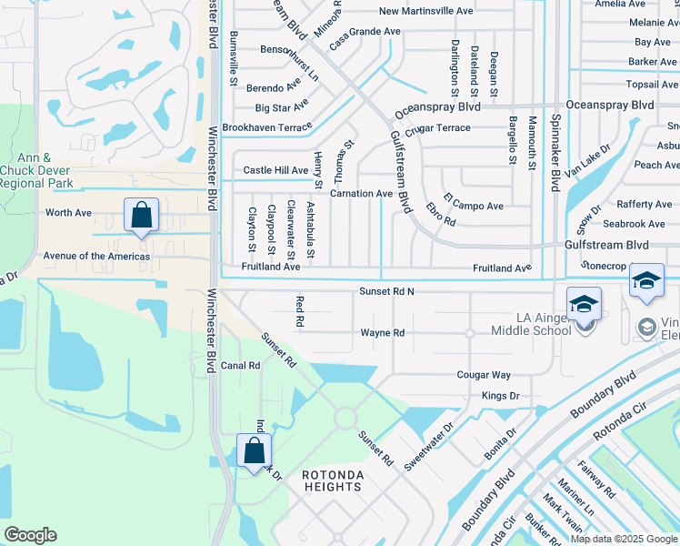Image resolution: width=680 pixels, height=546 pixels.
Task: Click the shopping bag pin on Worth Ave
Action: click(x=141, y=216)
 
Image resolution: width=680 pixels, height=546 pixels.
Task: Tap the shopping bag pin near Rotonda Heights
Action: click(x=254, y=450)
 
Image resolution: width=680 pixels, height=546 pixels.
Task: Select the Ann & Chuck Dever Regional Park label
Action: click(x=35, y=170)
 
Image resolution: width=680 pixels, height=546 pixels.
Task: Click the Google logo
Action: click(x=30, y=535)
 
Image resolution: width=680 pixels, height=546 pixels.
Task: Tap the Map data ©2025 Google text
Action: click(x=624, y=539)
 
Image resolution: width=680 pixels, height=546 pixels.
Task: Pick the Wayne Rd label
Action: click(x=382, y=333)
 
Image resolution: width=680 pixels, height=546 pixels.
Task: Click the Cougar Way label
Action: click(x=484, y=375)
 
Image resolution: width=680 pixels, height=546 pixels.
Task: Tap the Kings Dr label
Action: click(x=500, y=396)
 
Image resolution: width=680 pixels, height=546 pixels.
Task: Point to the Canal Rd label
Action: click(x=241, y=366)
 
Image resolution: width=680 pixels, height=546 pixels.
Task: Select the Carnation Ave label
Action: click(x=361, y=194)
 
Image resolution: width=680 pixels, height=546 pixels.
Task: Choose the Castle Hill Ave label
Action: click(x=275, y=170)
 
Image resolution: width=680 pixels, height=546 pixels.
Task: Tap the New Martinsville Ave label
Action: click(x=426, y=11)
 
